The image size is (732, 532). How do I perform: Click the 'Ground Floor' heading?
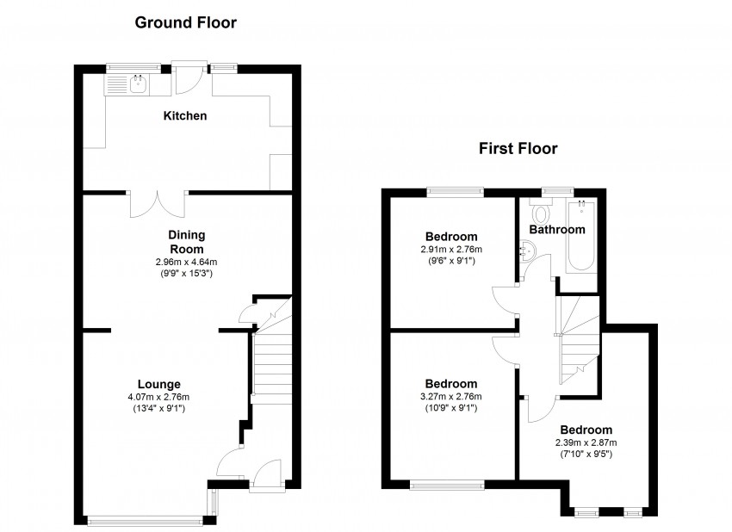click(x=185, y=22)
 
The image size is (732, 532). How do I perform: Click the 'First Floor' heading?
click(x=518, y=148)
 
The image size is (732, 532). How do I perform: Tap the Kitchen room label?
click(x=185, y=115)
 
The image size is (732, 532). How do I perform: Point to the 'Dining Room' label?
click(x=186, y=241)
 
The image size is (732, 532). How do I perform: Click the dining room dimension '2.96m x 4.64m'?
click(x=186, y=262)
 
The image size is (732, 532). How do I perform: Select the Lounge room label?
click(x=158, y=384)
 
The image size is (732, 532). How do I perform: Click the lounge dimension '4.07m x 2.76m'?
click(x=158, y=397)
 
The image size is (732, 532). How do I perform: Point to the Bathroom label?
click(x=556, y=230)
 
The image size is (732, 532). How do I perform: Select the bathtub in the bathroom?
click(x=580, y=237)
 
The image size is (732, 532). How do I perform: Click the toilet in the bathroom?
click(x=541, y=212)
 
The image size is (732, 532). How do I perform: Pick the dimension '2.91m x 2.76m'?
click(x=452, y=250)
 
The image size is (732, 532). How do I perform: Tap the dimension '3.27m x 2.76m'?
click(x=452, y=397)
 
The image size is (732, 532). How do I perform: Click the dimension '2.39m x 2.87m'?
click(x=586, y=443)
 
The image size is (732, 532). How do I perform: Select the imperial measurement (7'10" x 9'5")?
click(x=586, y=455)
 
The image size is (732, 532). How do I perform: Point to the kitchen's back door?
click(x=188, y=77)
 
